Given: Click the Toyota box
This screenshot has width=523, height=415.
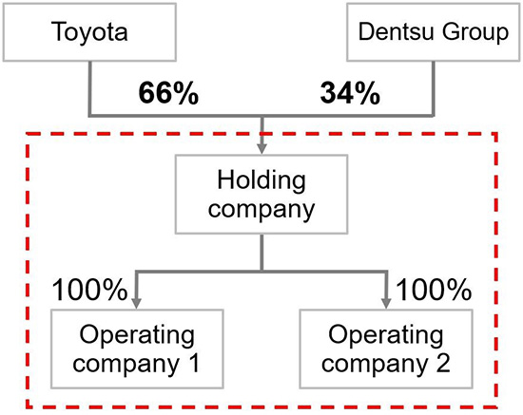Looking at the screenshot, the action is click(89, 32).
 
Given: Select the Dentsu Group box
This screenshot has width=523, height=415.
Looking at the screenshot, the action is click(434, 32).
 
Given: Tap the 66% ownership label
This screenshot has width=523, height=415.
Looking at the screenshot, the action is click(168, 93).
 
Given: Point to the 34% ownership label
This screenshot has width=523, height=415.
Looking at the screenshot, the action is click(350, 93).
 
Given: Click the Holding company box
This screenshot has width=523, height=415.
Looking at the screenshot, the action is click(261, 194).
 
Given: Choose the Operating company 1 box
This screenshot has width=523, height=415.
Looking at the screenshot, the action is click(137, 349).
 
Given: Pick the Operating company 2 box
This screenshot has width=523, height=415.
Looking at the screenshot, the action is click(386, 349).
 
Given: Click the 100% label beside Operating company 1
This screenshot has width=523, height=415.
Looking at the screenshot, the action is click(89, 290).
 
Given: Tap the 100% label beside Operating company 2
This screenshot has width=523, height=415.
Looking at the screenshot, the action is click(434, 290).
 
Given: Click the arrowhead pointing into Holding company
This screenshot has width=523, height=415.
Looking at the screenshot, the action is click(261, 148).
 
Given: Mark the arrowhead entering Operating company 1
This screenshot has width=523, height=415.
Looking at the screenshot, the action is click(137, 304).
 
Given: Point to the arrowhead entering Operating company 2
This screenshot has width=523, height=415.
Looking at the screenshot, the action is click(386, 304).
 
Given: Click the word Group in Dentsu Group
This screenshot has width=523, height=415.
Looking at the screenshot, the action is click(475, 33).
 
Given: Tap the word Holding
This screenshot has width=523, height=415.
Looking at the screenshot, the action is click(261, 181).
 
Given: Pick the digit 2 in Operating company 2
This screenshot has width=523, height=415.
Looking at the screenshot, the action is click(443, 363).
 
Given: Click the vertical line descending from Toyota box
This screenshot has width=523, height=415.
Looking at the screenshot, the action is click(89, 88).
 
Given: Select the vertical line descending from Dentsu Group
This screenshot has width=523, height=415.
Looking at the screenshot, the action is click(434, 88).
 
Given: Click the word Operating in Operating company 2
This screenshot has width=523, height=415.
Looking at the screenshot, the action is click(386, 336).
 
